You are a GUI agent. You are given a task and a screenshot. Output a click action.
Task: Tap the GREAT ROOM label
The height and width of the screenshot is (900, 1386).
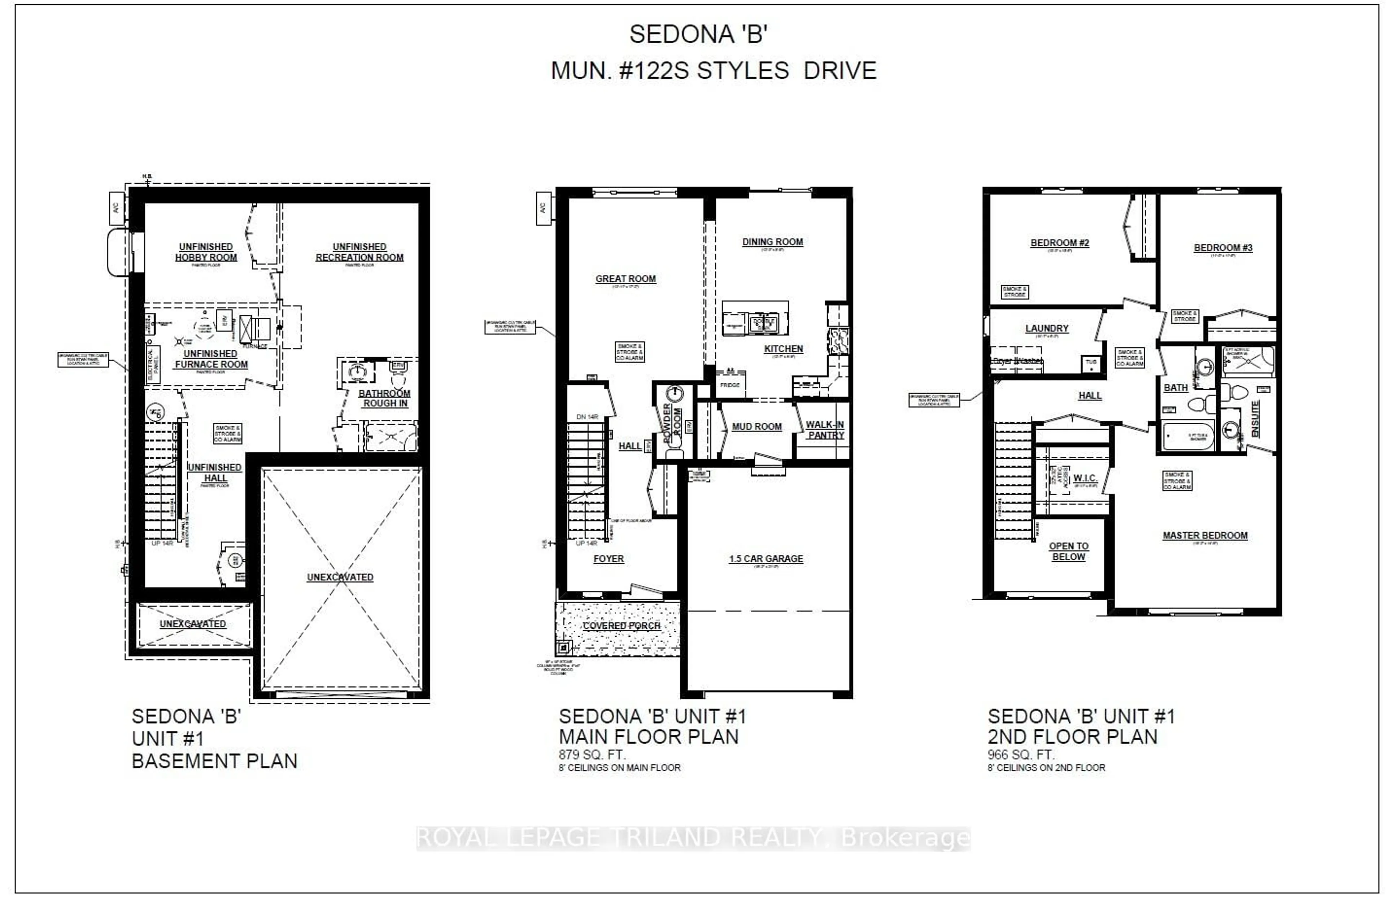pos(626,279)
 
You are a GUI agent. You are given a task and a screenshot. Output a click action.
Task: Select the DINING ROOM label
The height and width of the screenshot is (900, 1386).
pos(772,242)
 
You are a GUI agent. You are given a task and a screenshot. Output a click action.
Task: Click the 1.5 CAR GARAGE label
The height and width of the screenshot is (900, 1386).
pos(766,558)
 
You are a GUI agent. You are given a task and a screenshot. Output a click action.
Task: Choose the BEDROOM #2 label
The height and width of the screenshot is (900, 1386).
pos(1059,243)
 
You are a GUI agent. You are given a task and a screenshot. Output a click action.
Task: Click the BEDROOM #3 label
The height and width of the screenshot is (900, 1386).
pos(1223,247)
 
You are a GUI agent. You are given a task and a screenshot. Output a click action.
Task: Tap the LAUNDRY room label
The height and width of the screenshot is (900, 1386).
pos(1046,328)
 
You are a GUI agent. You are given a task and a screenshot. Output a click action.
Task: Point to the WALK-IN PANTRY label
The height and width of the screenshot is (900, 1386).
pos(825,430)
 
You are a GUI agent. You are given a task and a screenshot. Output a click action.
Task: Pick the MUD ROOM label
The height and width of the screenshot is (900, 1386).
pos(757,427)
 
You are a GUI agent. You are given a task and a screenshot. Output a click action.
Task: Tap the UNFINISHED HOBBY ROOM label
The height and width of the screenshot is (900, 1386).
pos(206,252)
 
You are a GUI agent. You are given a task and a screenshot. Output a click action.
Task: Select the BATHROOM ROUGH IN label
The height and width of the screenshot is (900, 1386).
pos(384,398)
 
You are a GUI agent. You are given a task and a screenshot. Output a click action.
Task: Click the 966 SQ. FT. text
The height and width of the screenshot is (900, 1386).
pos(1021,755)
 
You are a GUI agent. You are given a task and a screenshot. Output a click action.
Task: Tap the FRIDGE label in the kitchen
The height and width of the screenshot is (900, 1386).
pos(730,385)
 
